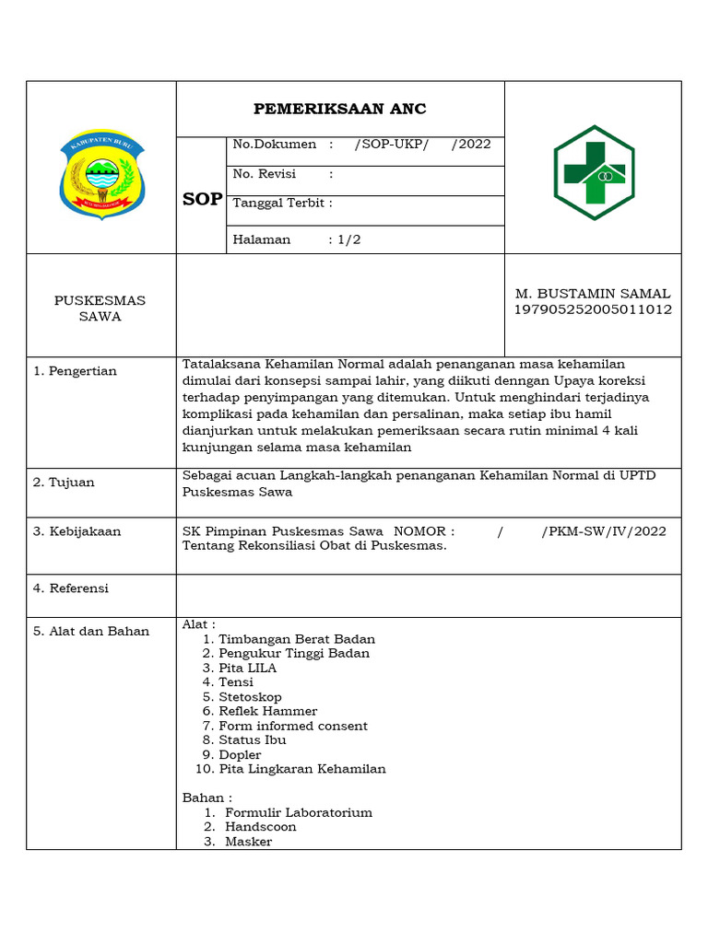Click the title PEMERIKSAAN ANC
340,110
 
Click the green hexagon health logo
593,172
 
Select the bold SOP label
202,199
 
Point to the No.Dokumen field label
274,145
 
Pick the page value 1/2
349,239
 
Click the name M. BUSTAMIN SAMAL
592,294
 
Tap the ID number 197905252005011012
592,309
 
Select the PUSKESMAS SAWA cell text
100,309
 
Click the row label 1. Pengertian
75,371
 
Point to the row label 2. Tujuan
64,483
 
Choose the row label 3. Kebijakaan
77,531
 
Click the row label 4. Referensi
71,588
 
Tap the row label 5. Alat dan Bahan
91,632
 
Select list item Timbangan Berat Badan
296,639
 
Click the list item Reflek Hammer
267,711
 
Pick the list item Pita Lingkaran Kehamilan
301,769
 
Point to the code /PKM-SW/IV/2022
603,531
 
